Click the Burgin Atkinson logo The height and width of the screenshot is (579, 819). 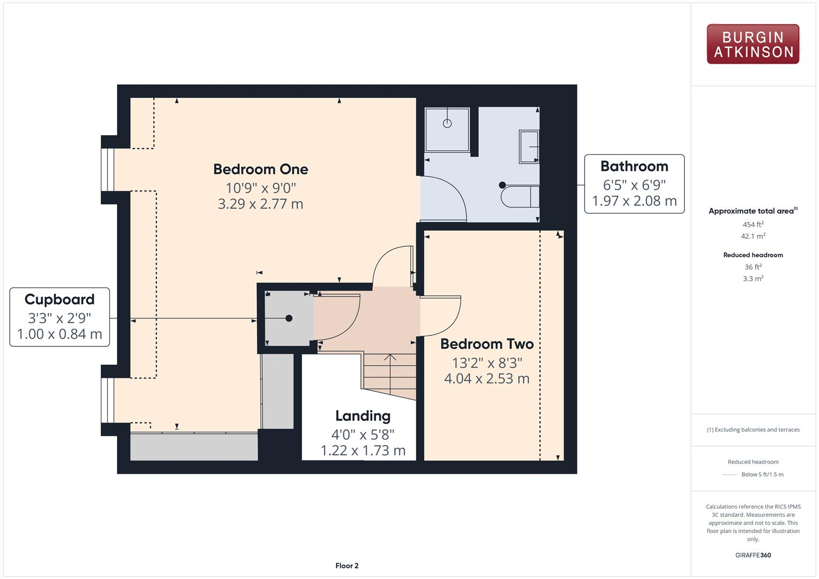752,44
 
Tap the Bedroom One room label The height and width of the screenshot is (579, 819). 261,169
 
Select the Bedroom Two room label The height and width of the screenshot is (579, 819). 486,344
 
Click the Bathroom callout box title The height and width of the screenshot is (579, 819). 634,166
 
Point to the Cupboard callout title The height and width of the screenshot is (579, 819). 60,299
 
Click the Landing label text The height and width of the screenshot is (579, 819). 363,416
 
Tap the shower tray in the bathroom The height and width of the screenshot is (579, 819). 447,129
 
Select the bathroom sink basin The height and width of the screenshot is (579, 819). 529,146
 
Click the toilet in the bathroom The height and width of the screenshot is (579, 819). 518,196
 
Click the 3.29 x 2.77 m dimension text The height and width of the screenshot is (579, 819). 261,204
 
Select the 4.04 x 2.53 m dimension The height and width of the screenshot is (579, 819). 486,378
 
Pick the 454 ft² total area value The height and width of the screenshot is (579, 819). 752,225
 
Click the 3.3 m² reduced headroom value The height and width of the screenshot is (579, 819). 752,279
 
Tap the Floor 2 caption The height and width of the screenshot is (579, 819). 346,566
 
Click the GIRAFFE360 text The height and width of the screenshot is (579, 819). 752,555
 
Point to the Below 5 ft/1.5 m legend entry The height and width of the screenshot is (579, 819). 762,474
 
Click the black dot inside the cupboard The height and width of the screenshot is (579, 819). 289,318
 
